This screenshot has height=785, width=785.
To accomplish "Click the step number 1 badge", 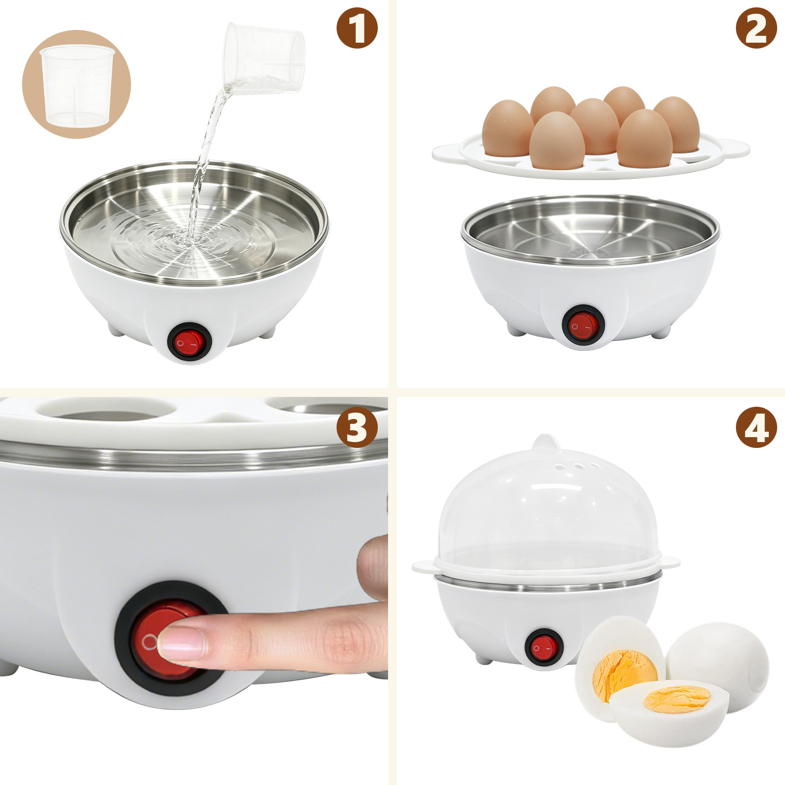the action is (x=357, y=28).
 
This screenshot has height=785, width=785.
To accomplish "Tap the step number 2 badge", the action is (x=756, y=28).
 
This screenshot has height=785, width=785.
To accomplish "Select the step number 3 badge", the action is (x=357, y=427).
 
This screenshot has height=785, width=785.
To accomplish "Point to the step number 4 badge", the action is (x=756, y=427).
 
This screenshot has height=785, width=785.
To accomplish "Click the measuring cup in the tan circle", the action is (x=78, y=86).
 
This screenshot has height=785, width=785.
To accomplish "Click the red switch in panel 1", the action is (x=189, y=342).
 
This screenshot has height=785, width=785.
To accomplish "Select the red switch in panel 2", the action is (x=583, y=325).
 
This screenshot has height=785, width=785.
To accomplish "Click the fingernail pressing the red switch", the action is (x=181, y=644).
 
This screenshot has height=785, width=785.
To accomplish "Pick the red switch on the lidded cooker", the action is (x=544, y=648).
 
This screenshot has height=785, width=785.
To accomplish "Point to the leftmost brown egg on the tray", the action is (x=507, y=129).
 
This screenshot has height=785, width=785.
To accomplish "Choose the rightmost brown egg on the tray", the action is (x=677, y=125).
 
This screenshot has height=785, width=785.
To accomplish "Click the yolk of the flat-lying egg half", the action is (x=677, y=699).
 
